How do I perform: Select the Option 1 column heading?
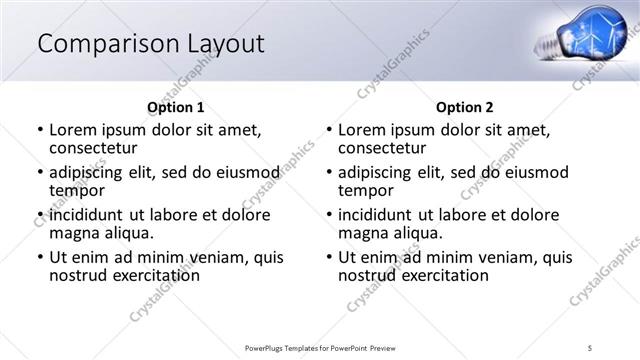pos(175,107)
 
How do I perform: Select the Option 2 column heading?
pos(464,107)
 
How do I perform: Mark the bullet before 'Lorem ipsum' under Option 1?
pos(39,130)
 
